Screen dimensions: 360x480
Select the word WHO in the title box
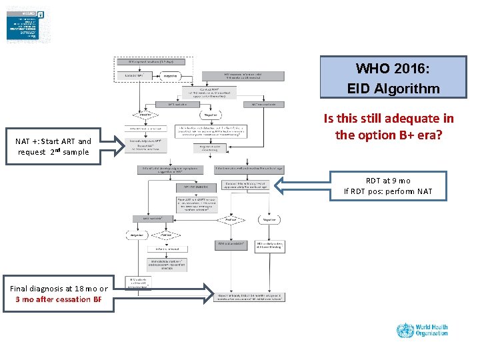[x=371, y=69]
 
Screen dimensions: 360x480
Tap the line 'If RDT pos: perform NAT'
[x=388, y=192]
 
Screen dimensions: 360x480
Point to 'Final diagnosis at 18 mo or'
[x=59, y=289]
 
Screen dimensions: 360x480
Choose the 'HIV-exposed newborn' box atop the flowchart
[x=153, y=61]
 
